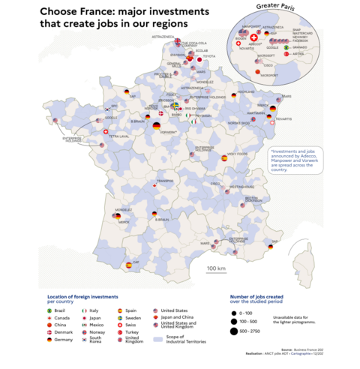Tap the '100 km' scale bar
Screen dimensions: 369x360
pyautogui.click(x=216, y=268)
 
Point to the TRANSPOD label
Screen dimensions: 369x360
pyautogui.click(x=165, y=181)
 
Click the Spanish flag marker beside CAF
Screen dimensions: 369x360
pyautogui.click(x=128, y=265)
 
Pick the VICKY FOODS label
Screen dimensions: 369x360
pyautogui.click(x=238, y=156)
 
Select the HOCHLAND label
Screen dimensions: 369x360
pyautogui.click(x=246, y=92)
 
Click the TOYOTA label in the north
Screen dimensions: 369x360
pyautogui.click(x=209, y=56)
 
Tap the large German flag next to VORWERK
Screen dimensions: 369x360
pyautogui.click(x=156, y=127)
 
